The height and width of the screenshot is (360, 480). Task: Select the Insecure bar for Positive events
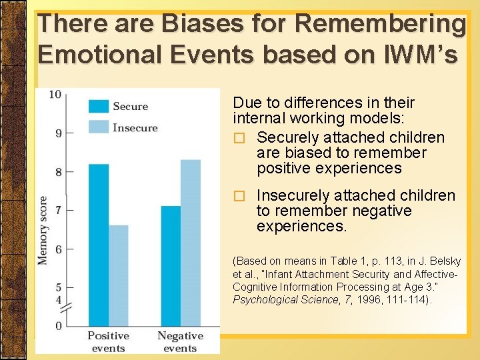(118, 275)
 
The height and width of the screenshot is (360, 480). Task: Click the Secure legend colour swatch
(99, 106)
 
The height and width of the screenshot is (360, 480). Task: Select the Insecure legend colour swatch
(99, 127)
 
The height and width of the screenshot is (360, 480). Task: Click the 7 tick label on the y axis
(58, 210)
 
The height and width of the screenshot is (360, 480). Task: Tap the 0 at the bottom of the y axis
(58, 325)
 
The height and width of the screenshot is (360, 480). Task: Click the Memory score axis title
(43, 229)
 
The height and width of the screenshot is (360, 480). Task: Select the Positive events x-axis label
(108, 341)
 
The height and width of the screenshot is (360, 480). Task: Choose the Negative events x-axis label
(180, 341)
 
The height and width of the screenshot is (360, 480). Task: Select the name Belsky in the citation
(442, 261)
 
